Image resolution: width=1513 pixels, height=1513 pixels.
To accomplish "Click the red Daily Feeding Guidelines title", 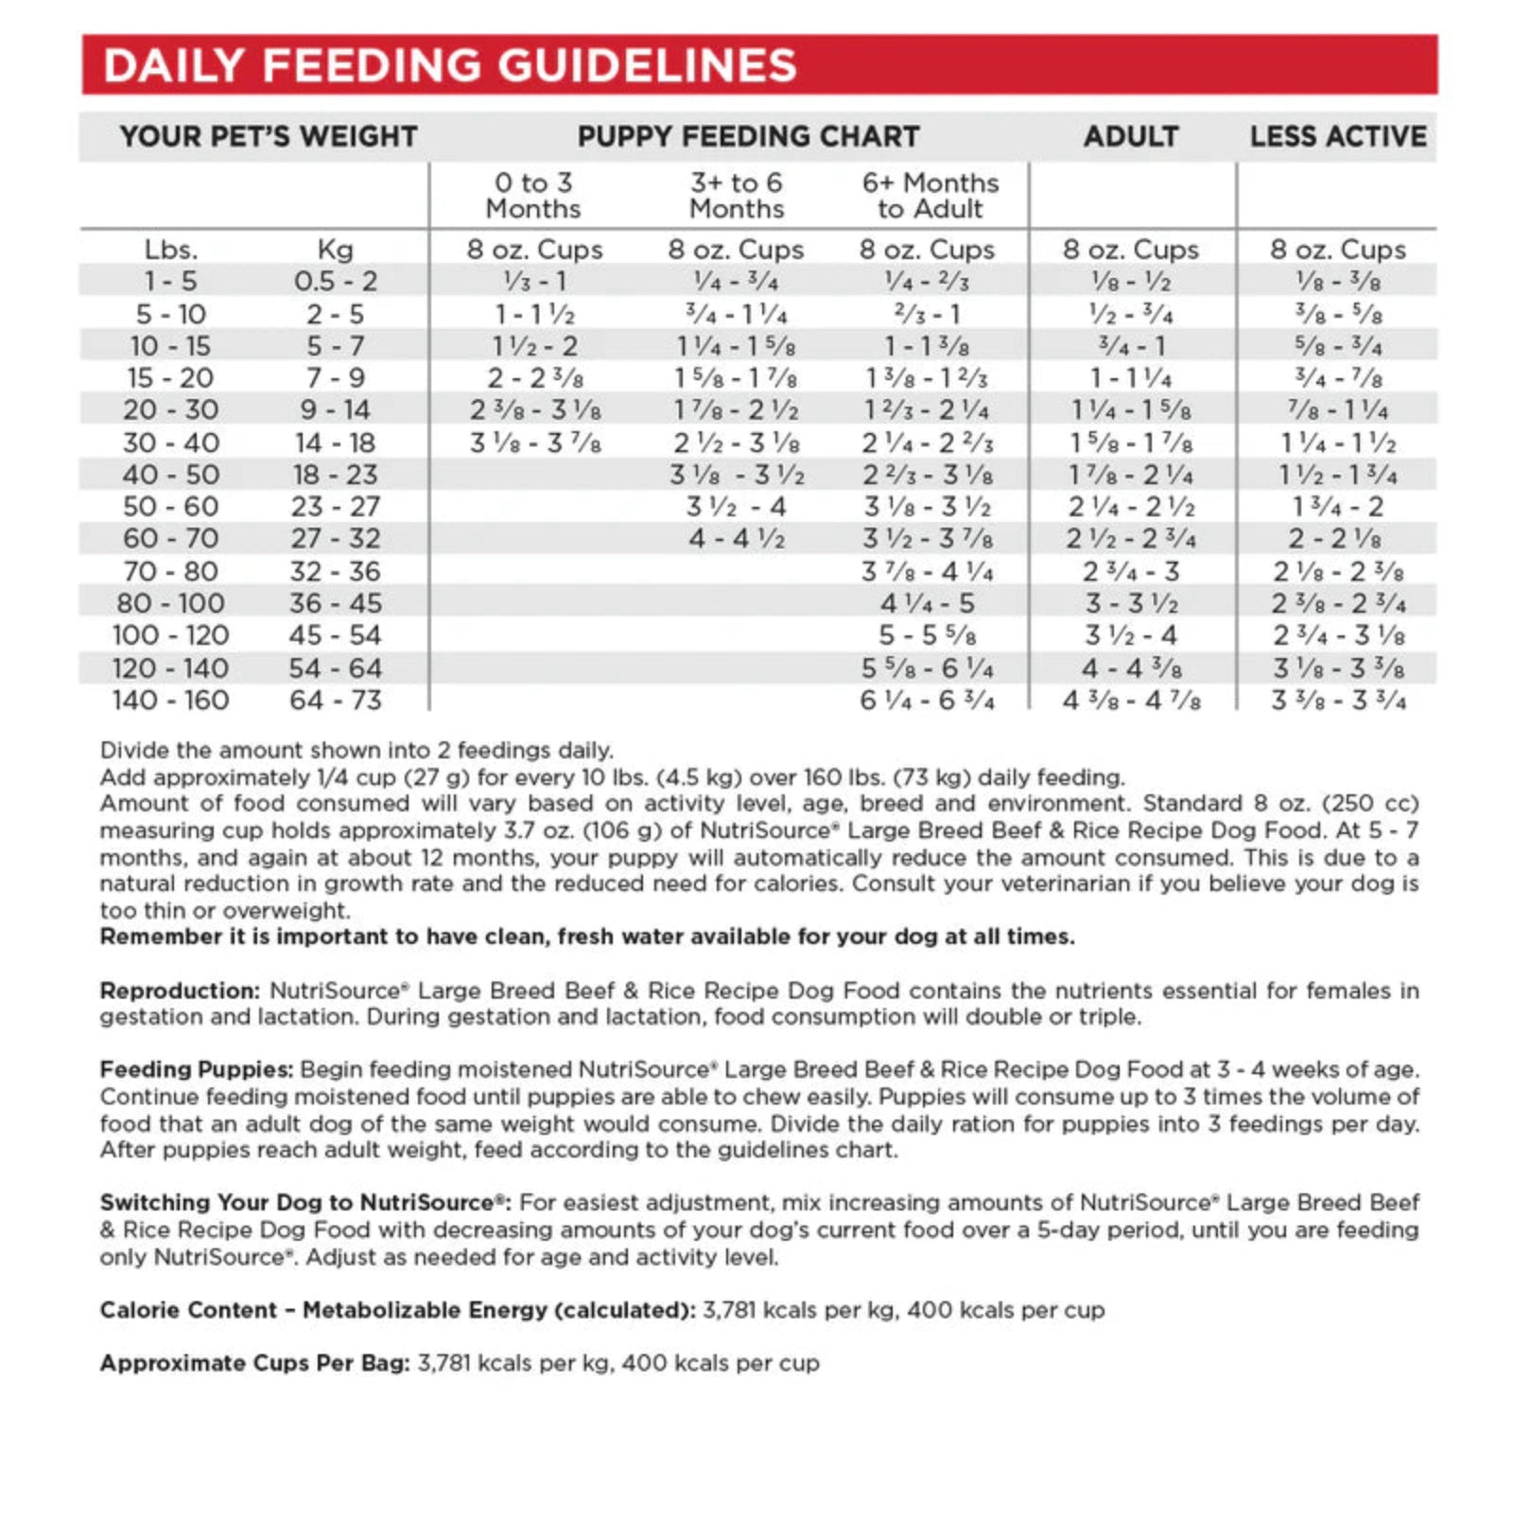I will pos(450,66).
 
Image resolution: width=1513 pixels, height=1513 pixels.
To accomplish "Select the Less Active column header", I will pos(1337,137).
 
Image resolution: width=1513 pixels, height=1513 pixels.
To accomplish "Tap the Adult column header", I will pos(1130,137).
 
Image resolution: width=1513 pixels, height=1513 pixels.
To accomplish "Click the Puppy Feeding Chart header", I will pos(748,137).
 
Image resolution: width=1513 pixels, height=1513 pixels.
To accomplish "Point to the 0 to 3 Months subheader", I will pos(533,196).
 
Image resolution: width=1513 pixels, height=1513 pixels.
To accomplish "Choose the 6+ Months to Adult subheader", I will pos(930,196).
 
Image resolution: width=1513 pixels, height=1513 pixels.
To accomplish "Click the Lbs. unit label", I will pos(170,250).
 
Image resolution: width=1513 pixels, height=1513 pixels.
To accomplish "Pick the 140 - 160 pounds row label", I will pos(170,701).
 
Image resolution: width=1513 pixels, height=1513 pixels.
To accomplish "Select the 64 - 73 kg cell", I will pos(335,701).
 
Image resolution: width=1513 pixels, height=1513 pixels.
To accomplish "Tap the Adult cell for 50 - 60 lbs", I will pos(1131,507).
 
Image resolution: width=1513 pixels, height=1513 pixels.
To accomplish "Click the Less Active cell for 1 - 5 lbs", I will pos(1337,282).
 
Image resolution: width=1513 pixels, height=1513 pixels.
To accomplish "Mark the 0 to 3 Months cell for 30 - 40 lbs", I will pos(535,443).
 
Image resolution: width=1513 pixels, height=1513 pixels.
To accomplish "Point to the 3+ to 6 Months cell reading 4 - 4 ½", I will pos(737,539).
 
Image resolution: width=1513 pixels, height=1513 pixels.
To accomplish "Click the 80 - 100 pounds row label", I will pos(170,603).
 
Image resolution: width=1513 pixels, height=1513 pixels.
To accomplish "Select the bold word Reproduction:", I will pos(180,991).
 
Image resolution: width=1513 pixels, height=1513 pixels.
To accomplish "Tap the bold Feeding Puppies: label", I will pos(197,1070).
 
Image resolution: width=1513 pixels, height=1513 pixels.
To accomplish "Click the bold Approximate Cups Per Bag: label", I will pos(255,1364).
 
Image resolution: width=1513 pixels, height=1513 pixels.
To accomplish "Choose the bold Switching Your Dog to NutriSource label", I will pos(304,1203).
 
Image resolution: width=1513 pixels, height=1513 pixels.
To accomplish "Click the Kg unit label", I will pos(335,250).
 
